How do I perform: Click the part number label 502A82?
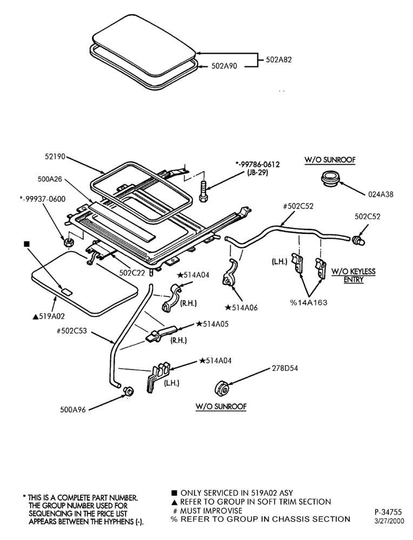(278, 59)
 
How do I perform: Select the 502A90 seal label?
(224, 66)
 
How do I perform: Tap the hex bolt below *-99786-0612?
(203, 192)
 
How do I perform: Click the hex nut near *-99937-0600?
(69, 242)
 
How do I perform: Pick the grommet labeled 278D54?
(222, 388)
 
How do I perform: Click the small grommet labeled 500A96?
(129, 391)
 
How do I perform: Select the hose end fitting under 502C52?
(359, 240)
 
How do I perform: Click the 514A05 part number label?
(212, 324)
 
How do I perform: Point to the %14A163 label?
(308, 303)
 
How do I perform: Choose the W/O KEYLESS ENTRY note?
(354, 275)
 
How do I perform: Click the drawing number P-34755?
(388, 512)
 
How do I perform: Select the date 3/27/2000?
(389, 521)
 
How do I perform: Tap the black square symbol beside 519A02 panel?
(26, 244)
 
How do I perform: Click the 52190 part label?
(55, 157)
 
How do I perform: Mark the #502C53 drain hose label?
(72, 332)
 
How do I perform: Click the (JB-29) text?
(257, 173)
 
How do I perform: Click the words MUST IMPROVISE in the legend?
(211, 511)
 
